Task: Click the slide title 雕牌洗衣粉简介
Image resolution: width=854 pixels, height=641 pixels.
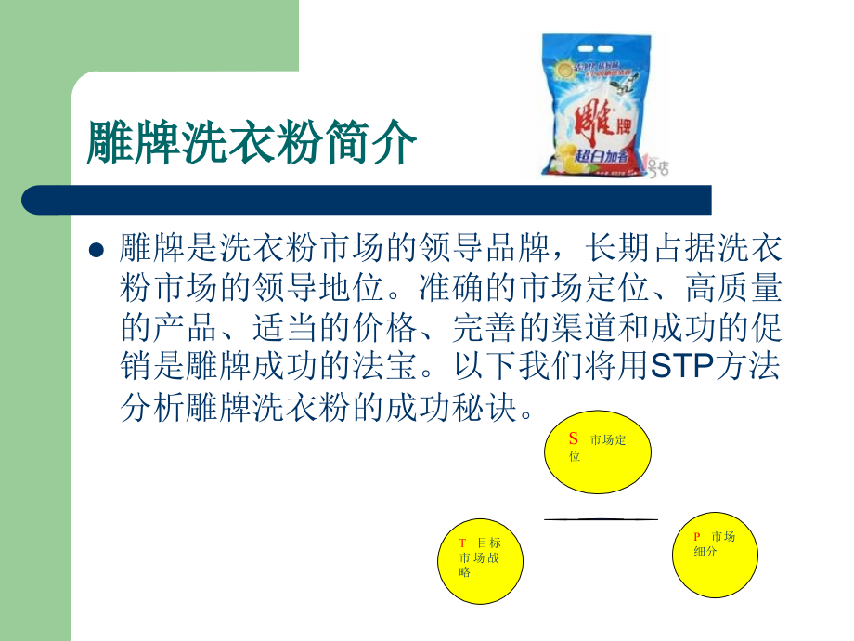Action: [x=251, y=142]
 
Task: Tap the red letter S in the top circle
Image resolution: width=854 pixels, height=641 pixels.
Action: [x=574, y=438]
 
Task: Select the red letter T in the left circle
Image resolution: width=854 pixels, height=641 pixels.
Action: [x=462, y=543]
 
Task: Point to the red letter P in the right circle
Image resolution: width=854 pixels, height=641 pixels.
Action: [x=696, y=537]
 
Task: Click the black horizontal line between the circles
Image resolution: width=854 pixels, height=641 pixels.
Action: [x=601, y=518]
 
